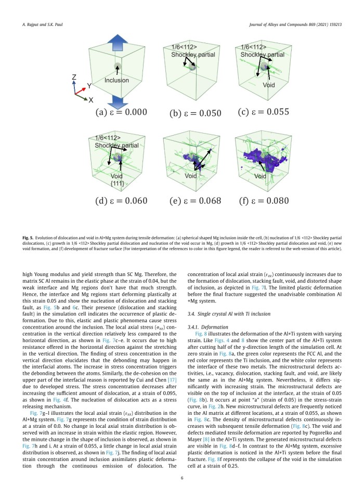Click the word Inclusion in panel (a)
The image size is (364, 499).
(116, 81)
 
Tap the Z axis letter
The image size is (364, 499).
(74, 77)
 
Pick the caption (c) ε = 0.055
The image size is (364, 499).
(264, 112)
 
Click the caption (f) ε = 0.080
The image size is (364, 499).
(264, 201)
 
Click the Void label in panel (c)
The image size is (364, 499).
(269, 85)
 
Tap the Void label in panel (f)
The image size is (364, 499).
(260, 177)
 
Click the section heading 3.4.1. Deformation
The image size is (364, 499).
(204, 326)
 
